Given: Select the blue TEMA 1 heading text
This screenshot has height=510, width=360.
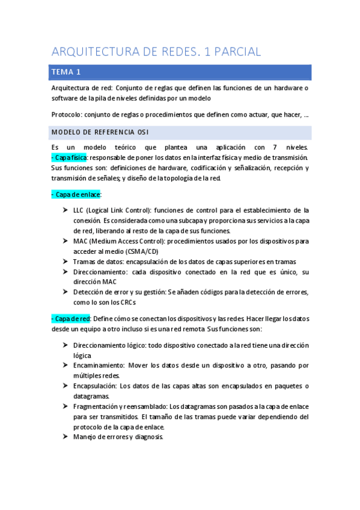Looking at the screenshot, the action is (66, 72).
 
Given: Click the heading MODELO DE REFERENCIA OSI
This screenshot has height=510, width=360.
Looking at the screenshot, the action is (100, 132).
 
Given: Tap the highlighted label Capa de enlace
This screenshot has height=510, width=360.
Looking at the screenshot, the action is (78, 194).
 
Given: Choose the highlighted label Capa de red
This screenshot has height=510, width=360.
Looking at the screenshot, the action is (72, 318).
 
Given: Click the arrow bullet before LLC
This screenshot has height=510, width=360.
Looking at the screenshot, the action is (64, 210).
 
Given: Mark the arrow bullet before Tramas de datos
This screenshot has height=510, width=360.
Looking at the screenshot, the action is (64, 262).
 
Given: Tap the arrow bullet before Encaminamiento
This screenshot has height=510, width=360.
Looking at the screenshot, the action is (64, 365).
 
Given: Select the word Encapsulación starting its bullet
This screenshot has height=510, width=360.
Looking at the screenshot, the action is (94, 386).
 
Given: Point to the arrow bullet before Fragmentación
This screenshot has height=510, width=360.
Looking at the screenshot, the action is (64, 406).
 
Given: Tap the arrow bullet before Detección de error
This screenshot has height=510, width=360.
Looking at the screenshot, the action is (64, 292).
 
